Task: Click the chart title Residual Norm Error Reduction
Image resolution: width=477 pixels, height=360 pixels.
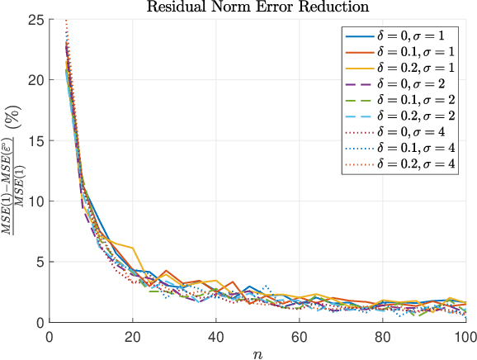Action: coord(257,7)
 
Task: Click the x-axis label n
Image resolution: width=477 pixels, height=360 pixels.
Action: coord(257,353)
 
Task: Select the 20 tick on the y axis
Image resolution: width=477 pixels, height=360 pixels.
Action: coord(36,80)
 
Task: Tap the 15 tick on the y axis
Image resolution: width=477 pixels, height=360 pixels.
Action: coord(36,141)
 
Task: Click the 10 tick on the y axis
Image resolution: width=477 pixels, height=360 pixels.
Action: coord(36,201)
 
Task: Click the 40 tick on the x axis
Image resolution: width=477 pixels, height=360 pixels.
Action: coord(215,336)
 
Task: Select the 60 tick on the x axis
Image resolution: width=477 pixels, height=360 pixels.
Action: coord(299,336)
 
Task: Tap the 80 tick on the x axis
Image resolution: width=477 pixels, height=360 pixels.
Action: coord(382,336)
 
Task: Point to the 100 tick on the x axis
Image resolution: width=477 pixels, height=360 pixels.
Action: coord(464,336)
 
